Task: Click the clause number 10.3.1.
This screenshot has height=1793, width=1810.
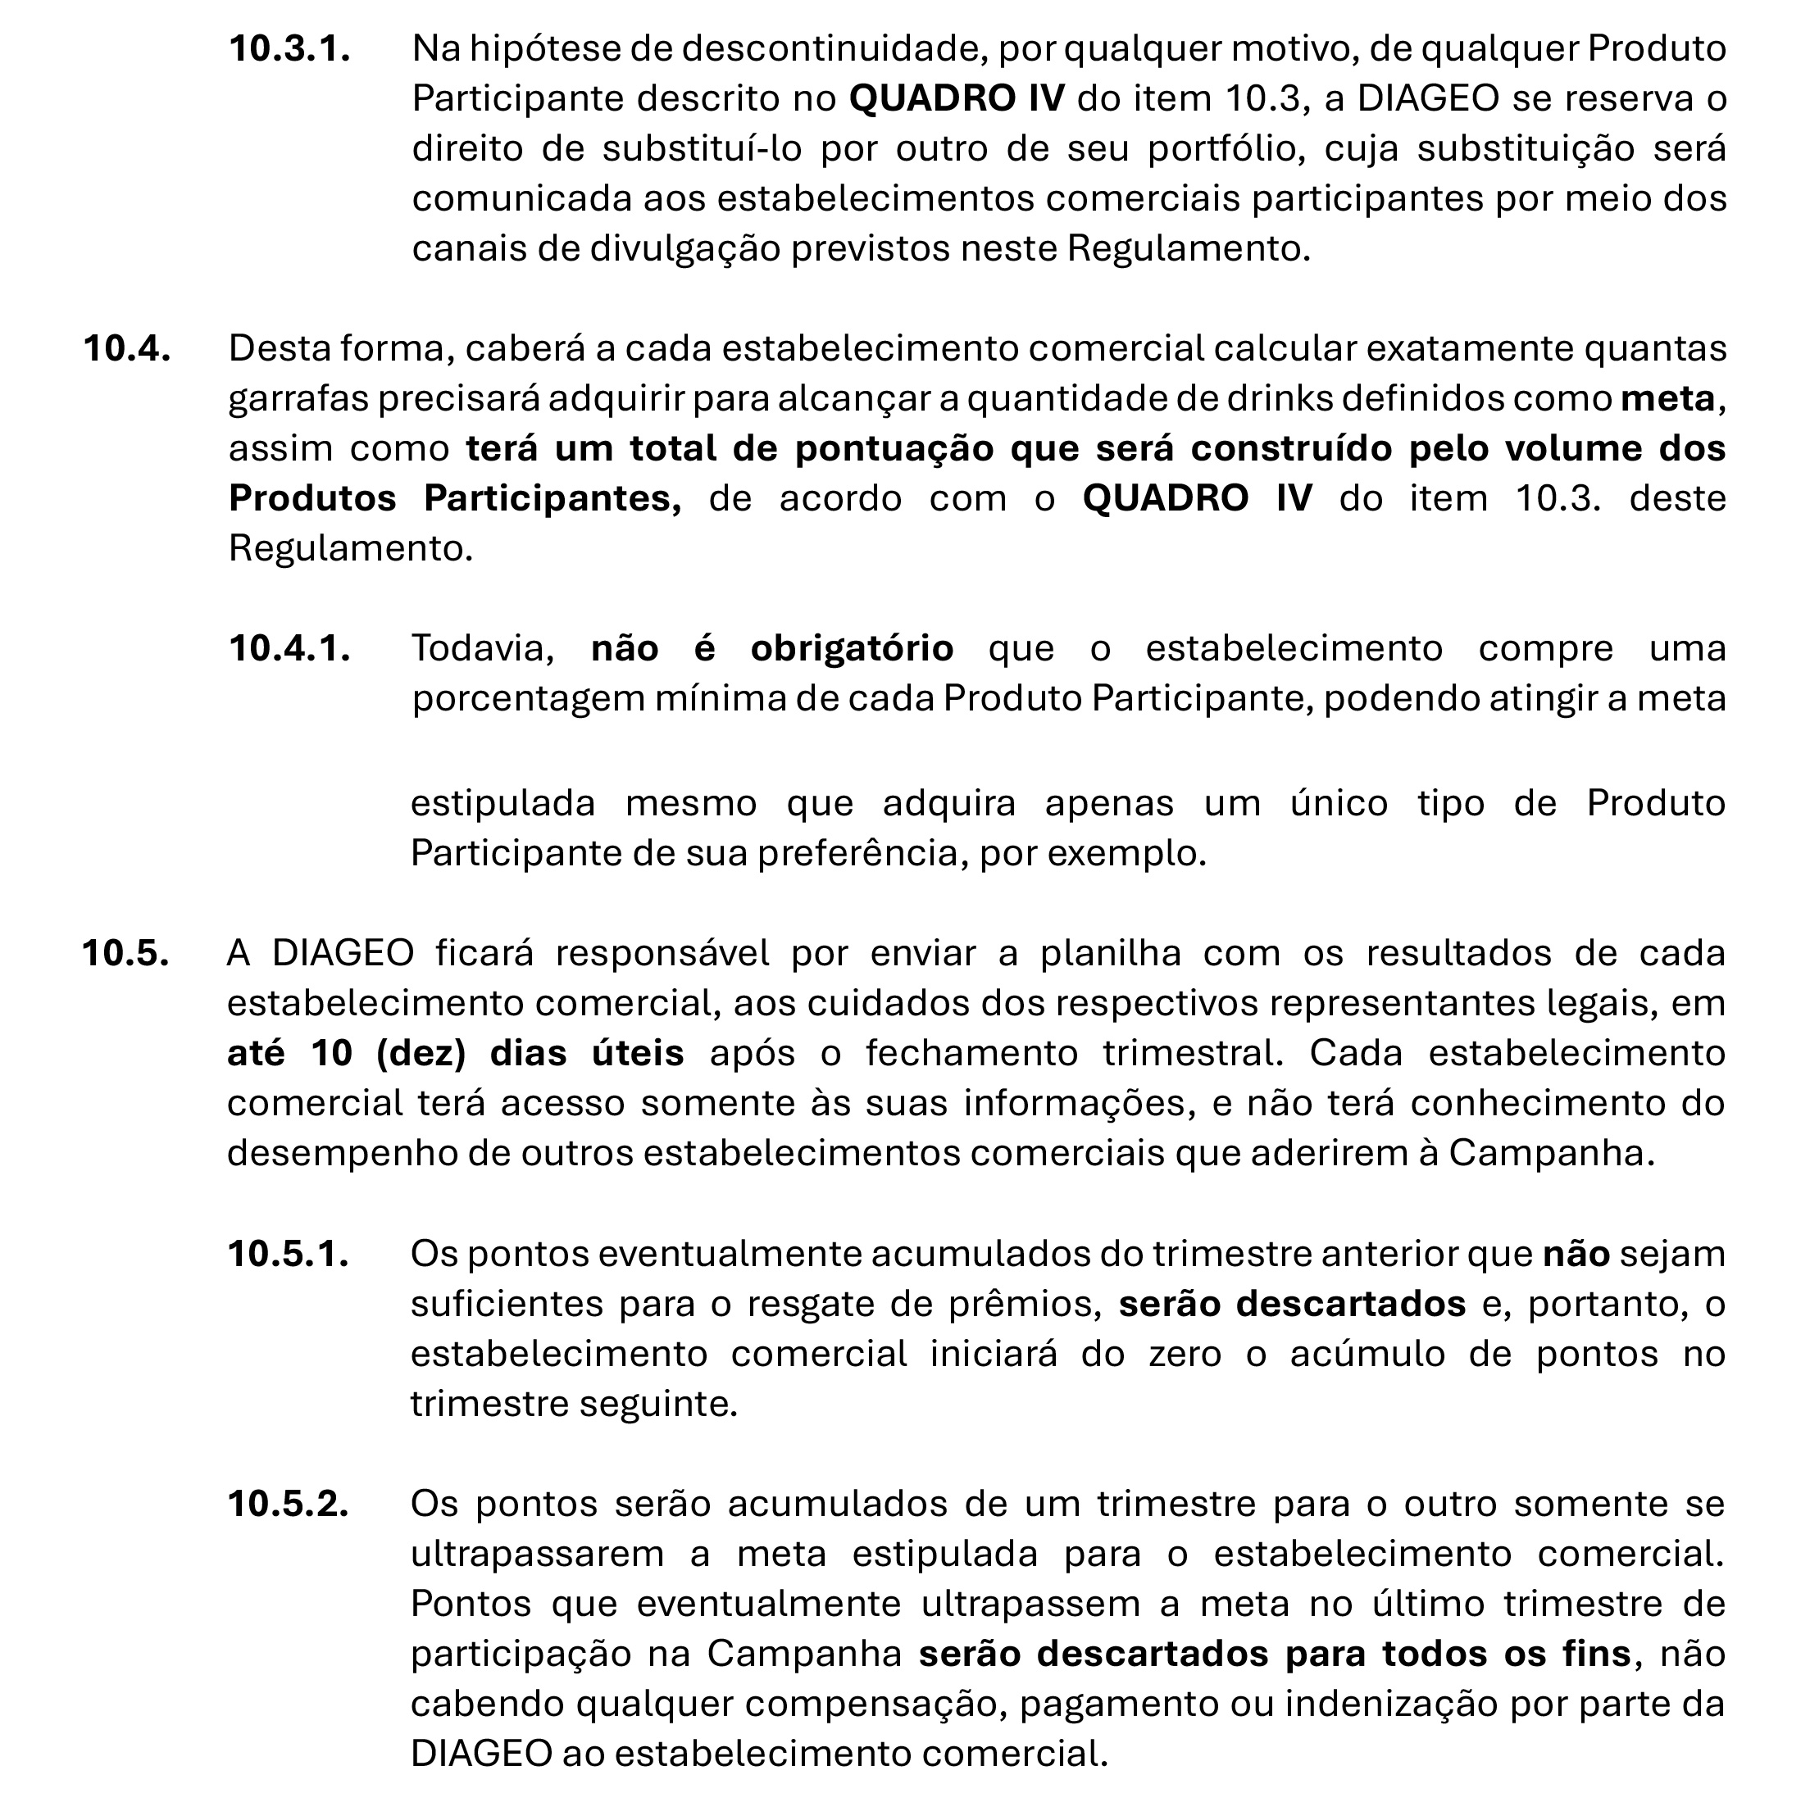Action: (289, 48)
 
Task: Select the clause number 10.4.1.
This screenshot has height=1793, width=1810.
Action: (289, 648)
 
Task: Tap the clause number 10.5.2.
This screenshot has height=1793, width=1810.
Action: (289, 1504)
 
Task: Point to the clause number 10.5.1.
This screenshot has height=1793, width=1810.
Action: (289, 1254)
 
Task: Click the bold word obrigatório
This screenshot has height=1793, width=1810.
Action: (852, 648)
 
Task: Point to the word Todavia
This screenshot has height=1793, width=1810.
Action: (484, 648)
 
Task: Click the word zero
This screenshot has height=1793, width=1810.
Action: (1185, 1354)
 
